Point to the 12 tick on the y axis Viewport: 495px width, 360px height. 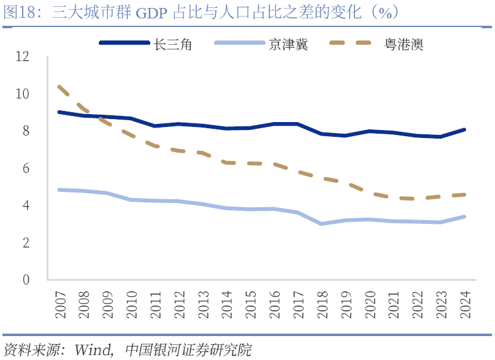pyautogui.click(x=23, y=56)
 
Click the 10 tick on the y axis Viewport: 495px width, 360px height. pyautogui.click(x=23, y=94)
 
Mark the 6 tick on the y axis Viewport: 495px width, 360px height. pyautogui.click(x=26, y=168)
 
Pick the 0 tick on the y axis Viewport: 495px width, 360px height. pyautogui.click(x=26, y=280)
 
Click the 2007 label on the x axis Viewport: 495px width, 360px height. pyautogui.click(x=60, y=304)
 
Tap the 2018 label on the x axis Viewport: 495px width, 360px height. pyautogui.click(x=322, y=304)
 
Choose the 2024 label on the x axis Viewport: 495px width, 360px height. pyautogui.click(x=465, y=304)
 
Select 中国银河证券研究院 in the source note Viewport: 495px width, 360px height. pyautogui.click(x=188, y=350)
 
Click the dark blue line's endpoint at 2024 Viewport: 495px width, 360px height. pyautogui.click(x=465, y=129)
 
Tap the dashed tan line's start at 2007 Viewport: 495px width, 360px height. pyautogui.click(x=59, y=86)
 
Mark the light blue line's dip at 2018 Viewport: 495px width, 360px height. pyautogui.click(x=321, y=224)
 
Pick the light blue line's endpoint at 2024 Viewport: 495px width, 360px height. pyautogui.click(x=465, y=216)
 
